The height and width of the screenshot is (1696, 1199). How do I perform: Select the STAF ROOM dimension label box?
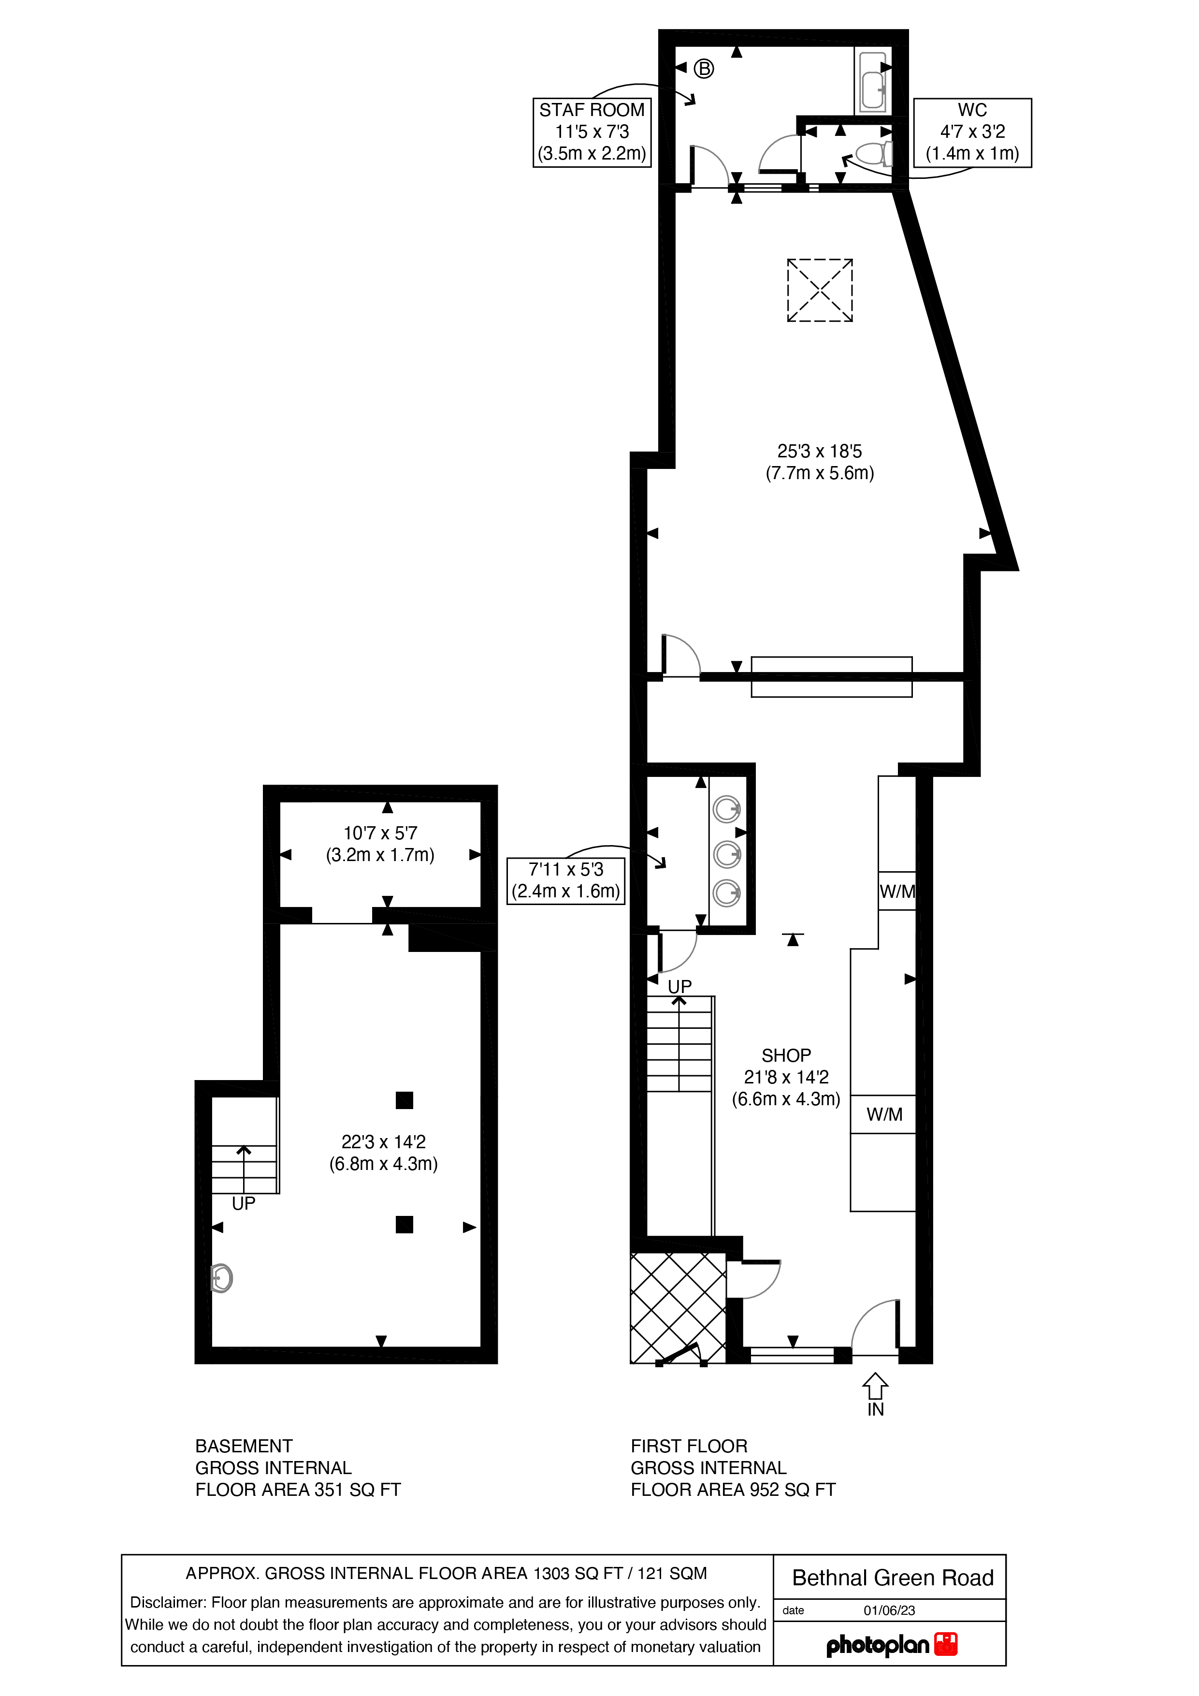(592, 132)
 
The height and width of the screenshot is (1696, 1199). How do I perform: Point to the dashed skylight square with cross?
(820, 290)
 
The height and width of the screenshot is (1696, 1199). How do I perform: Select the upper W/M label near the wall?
(897, 892)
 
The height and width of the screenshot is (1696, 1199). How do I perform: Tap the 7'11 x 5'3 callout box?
(565, 880)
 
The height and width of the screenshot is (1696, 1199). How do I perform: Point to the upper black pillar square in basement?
(404, 1101)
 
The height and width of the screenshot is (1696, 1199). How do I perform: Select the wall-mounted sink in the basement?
(221, 1278)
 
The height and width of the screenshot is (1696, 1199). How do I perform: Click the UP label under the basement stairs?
(243, 1203)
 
